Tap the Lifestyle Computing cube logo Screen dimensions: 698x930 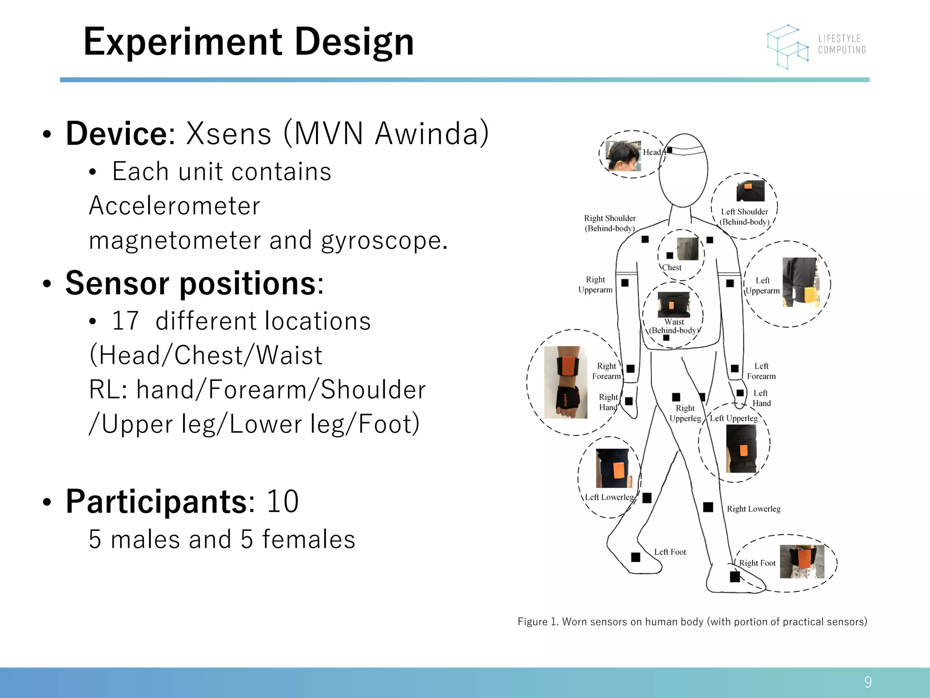click(788, 46)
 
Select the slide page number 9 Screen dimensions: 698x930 click(868, 682)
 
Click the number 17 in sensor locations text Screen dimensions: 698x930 click(125, 321)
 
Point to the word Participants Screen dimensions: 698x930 click(156, 502)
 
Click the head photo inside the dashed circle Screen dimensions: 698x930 click(623, 155)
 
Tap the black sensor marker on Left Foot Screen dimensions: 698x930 click(636, 557)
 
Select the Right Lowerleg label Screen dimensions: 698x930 click(753, 509)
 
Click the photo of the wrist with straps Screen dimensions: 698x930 click(565, 382)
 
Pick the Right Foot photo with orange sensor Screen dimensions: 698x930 click(801, 562)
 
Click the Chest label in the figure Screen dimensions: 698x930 click(672, 268)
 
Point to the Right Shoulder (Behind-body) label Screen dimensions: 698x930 click(609, 223)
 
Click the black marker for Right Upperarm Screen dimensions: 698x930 click(625, 283)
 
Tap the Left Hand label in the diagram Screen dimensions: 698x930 click(761, 398)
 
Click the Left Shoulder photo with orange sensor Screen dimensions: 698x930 click(750, 191)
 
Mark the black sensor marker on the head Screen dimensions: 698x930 click(669, 150)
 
